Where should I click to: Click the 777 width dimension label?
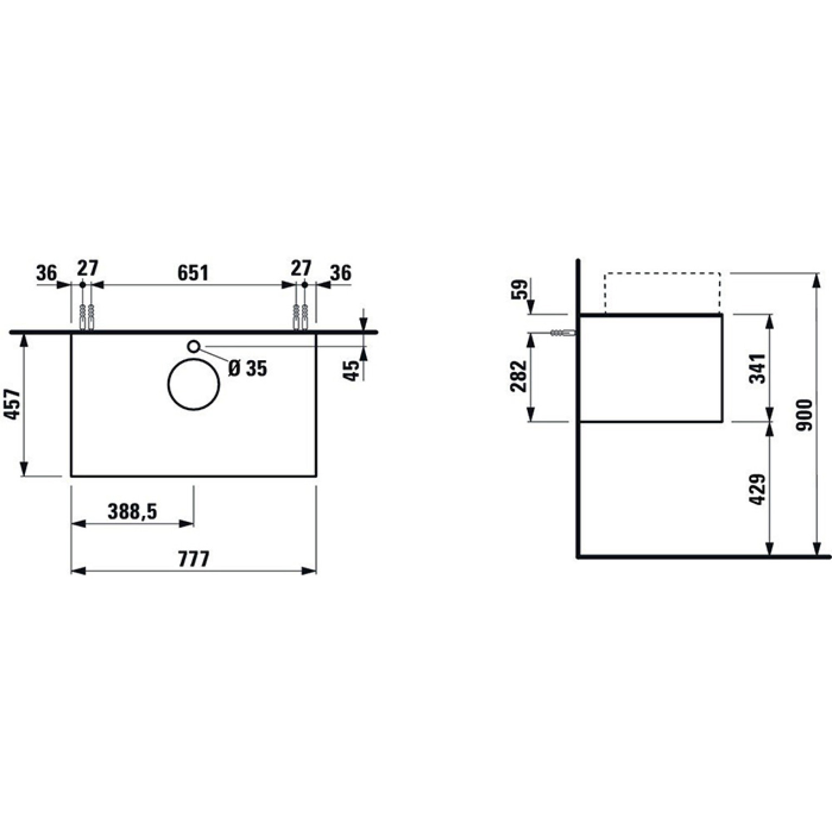pyautogui.click(x=194, y=559)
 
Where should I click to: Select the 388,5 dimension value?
pyautogui.click(x=132, y=511)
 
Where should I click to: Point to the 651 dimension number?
pyautogui.click(x=193, y=273)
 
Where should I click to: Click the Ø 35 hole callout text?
pyautogui.click(x=248, y=369)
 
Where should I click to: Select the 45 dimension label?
pyautogui.click(x=352, y=370)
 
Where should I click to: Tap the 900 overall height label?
pyautogui.click(x=805, y=415)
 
